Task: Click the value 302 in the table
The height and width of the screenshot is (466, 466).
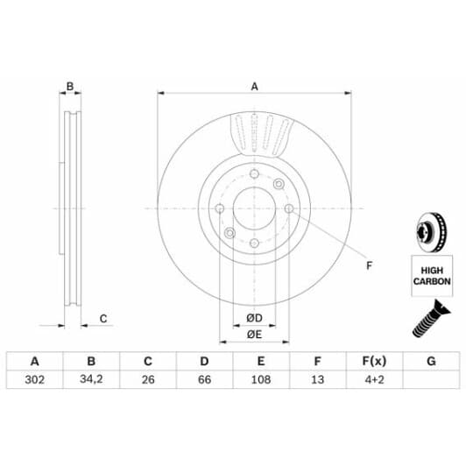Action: pyautogui.click(x=34, y=381)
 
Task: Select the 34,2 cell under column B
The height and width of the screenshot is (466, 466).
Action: pyautogui.click(x=91, y=381)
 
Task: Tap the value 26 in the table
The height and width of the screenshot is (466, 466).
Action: pyautogui.click(x=147, y=381)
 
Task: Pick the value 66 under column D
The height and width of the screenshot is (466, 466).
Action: pyautogui.click(x=203, y=381)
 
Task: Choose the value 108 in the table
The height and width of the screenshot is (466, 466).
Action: pyautogui.click(x=260, y=381)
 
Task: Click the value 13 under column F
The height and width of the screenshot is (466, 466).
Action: pyautogui.click(x=316, y=381)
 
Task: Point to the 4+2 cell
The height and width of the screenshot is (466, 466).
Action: pyautogui.click(x=373, y=381)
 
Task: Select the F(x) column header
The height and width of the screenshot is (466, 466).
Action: pyautogui.click(x=373, y=361)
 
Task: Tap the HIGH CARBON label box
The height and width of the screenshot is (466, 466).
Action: pyautogui.click(x=432, y=276)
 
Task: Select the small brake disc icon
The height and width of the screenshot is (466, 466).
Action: pyautogui.click(x=431, y=233)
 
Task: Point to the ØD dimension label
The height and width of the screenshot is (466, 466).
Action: pyautogui.click(x=253, y=316)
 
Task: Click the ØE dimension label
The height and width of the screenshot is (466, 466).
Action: pyautogui.click(x=253, y=334)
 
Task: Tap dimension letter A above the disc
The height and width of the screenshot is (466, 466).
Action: pyautogui.click(x=254, y=86)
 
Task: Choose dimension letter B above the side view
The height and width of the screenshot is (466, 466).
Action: pyautogui.click(x=71, y=86)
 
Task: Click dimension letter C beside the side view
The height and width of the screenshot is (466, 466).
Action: pyautogui.click(x=102, y=319)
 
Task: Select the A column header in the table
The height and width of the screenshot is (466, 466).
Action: pyautogui.click(x=34, y=361)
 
